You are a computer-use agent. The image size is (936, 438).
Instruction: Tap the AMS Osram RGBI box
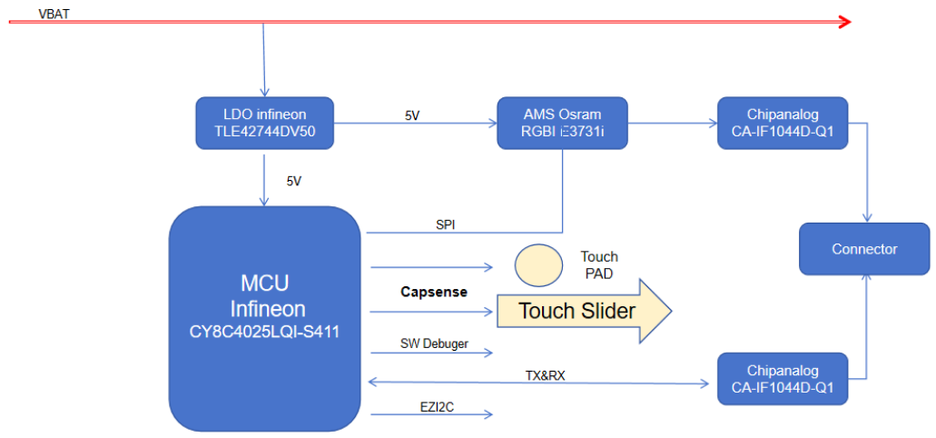562,124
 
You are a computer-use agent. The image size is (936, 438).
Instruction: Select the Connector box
864,249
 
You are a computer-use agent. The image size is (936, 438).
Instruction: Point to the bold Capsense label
434,292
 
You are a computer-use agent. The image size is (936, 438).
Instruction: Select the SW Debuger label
434,343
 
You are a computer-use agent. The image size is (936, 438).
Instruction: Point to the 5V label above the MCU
293,181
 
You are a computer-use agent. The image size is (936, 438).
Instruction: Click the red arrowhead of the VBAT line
844,21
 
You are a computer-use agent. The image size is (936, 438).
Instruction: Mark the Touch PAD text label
599,264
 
